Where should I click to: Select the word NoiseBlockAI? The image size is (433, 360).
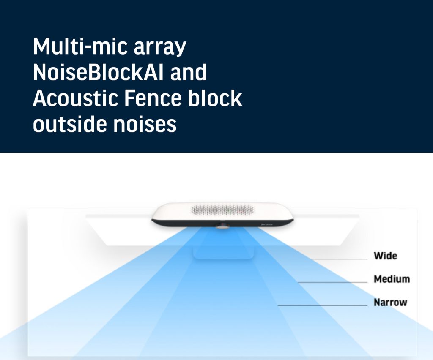(98, 72)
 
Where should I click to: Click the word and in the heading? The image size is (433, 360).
(188, 72)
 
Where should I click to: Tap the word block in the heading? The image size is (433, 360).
(215, 98)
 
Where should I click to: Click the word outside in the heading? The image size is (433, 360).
(70, 123)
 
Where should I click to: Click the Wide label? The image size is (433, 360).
(386, 256)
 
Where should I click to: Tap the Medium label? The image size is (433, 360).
(392, 279)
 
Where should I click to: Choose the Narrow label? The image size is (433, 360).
(390, 303)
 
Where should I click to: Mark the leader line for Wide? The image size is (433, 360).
(340, 259)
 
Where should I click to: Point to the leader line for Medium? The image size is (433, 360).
(332, 282)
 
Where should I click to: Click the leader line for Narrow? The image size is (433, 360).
(323, 305)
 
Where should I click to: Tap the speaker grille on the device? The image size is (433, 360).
(222, 210)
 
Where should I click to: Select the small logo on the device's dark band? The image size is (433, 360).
(267, 224)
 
